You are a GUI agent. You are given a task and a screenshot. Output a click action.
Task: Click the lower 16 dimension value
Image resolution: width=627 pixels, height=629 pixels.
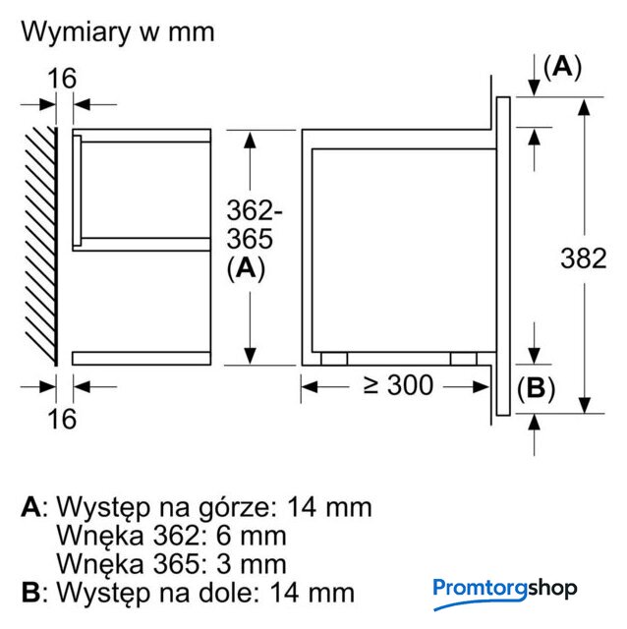click(x=62, y=418)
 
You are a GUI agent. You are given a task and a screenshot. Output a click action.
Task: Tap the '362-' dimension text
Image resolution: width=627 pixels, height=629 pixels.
click(x=255, y=209)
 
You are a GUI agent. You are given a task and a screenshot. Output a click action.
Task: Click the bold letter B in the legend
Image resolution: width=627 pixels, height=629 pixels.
click(x=30, y=593)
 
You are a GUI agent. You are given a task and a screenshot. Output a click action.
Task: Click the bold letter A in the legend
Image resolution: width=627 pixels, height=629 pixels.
click(x=30, y=507)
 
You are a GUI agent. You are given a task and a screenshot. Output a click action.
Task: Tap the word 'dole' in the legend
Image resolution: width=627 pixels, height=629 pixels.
click(x=235, y=593)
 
